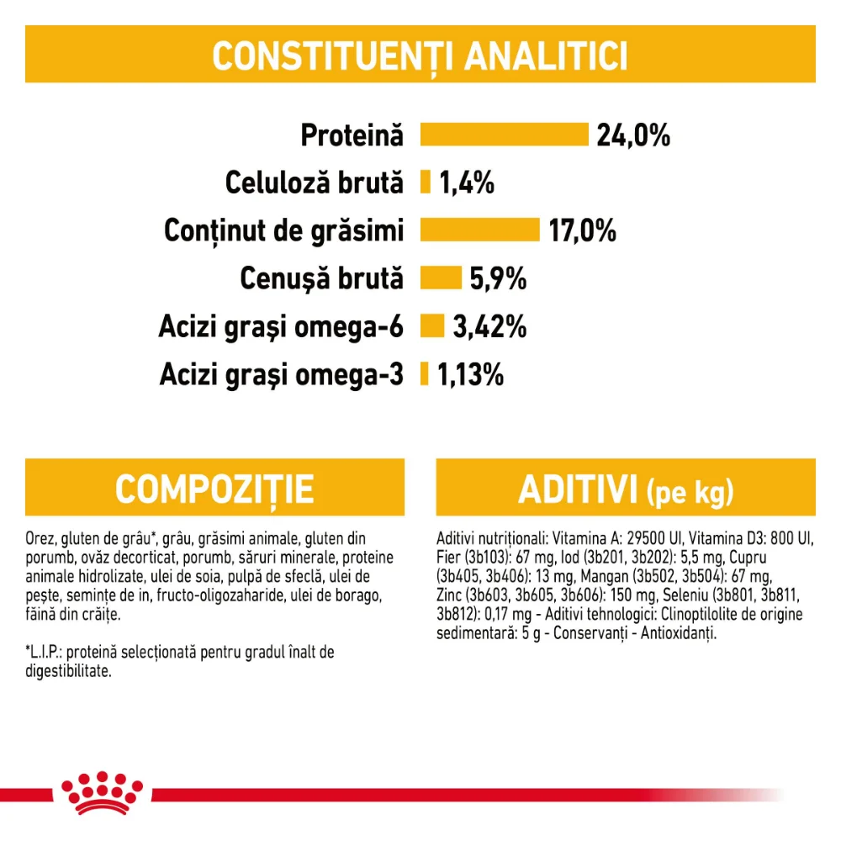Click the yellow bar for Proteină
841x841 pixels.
click(504, 135)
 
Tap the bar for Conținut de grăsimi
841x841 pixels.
click(479, 230)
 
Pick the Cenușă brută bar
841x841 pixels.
click(441, 278)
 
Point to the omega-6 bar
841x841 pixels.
click(431, 326)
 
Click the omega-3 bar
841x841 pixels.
click(424, 374)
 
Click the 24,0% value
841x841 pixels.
click(633, 135)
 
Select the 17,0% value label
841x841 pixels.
click(583, 230)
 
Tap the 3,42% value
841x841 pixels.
click(489, 326)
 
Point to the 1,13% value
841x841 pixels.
click(470, 374)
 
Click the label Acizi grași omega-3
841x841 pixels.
click(282, 374)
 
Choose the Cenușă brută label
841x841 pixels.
click(322, 278)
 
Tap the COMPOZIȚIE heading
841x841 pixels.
click(214, 489)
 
